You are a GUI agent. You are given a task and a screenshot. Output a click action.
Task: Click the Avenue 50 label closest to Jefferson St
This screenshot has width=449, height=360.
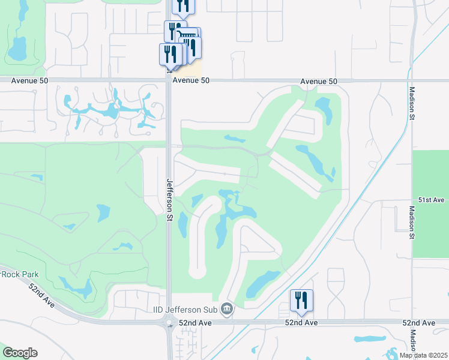[x=191, y=81]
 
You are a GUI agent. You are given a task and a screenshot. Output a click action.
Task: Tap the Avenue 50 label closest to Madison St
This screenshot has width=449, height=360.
[x=319, y=81]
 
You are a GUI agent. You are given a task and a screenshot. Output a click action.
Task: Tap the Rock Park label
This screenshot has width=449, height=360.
[x=16, y=274]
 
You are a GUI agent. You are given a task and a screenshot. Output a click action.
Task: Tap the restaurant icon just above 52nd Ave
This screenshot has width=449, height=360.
[x=301, y=301]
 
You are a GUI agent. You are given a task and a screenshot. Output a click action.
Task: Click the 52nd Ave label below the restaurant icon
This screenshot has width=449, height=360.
[x=301, y=323]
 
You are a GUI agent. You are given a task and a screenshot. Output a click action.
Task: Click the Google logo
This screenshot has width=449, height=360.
[x=20, y=353]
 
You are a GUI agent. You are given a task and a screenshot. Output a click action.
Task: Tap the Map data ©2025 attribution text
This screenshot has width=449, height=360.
[x=423, y=355]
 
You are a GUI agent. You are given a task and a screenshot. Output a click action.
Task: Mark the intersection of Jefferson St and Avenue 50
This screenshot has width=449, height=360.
[x=169, y=80]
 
